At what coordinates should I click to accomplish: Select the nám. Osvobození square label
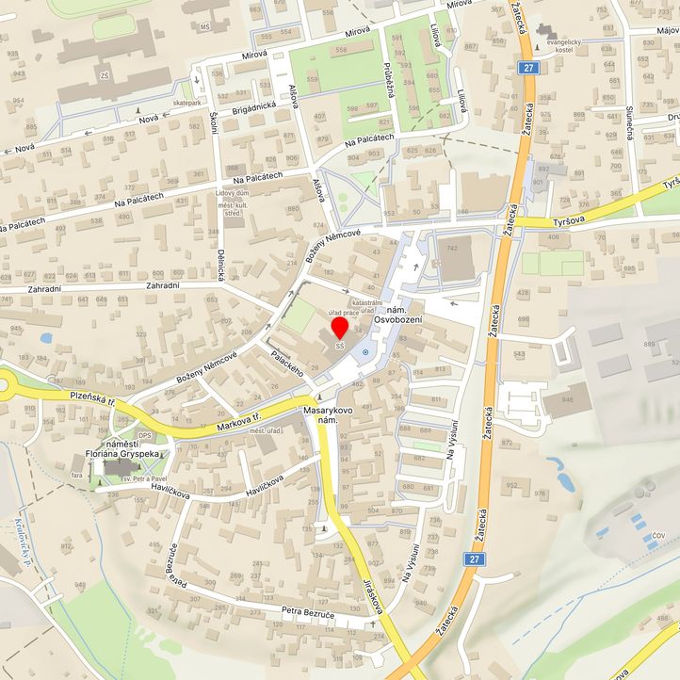click(397, 316)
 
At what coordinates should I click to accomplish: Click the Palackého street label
click(285, 364)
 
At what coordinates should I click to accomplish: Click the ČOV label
click(658, 535)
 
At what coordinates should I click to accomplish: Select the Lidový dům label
click(233, 192)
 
